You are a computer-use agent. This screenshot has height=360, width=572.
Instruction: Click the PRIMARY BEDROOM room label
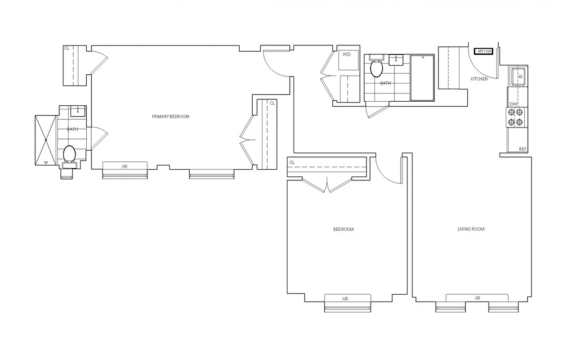point(170,117)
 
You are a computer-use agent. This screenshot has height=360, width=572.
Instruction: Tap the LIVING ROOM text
point(471,229)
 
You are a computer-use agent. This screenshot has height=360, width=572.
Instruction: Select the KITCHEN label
point(479,79)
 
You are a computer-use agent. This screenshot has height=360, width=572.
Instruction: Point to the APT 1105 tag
point(483,51)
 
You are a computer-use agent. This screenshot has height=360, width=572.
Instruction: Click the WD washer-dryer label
point(347,54)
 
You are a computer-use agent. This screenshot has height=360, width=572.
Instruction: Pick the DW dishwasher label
point(514,104)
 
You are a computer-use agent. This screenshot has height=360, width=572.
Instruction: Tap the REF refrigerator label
point(523,149)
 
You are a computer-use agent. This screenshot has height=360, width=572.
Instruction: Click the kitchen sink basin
point(518,76)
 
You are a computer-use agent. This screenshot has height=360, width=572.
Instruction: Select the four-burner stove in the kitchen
point(515,117)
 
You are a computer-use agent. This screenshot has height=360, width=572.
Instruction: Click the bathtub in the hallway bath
point(422,77)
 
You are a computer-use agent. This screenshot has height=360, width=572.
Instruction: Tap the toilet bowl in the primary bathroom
point(69,154)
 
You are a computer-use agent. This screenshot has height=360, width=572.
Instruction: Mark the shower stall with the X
point(45,140)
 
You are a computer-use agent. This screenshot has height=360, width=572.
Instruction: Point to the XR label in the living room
point(477,298)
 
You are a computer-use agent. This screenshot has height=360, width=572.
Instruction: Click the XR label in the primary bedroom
point(125,166)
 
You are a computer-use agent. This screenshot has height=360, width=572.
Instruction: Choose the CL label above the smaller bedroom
point(292,162)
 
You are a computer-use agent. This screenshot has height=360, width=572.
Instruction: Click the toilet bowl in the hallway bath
point(376,69)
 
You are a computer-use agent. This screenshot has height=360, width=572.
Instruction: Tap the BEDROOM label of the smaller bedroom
point(343,229)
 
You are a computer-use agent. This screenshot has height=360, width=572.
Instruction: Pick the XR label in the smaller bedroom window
point(345,299)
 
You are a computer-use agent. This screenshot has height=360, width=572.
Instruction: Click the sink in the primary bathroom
point(78,110)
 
